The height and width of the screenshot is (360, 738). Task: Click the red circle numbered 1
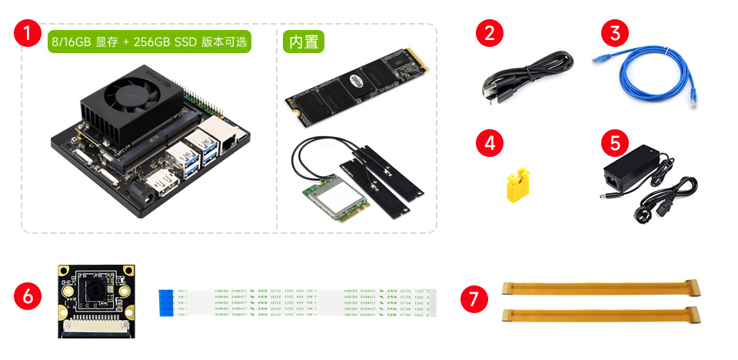coord(28,34)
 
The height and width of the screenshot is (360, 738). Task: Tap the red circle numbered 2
coord(490,34)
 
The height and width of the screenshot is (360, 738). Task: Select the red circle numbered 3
coord(614,34)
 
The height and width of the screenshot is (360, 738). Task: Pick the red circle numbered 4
coord(490,142)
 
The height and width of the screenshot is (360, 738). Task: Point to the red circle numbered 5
coord(614,142)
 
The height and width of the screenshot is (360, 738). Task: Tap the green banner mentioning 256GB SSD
coord(150,42)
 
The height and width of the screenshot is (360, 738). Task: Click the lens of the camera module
coord(91,291)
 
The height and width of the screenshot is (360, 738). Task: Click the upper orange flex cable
coord(601,288)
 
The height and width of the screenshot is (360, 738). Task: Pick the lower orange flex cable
coord(601,315)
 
